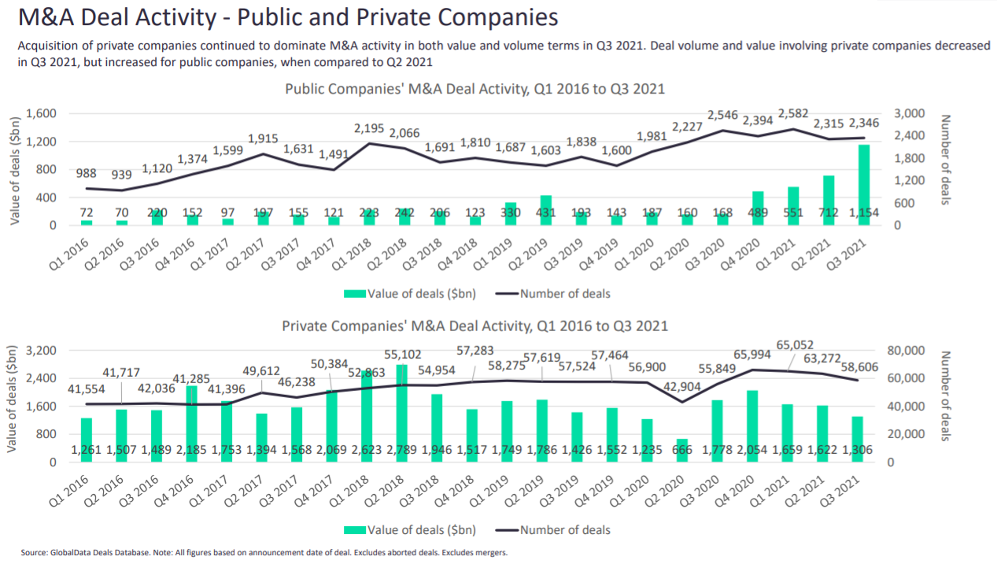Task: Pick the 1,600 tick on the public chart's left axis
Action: [41, 114]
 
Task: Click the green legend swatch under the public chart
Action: [354, 293]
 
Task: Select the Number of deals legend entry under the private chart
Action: [565, 530]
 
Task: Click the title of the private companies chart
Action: [474, 326]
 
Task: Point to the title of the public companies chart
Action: [474, 89]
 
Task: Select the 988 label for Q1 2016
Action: [86, 173]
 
